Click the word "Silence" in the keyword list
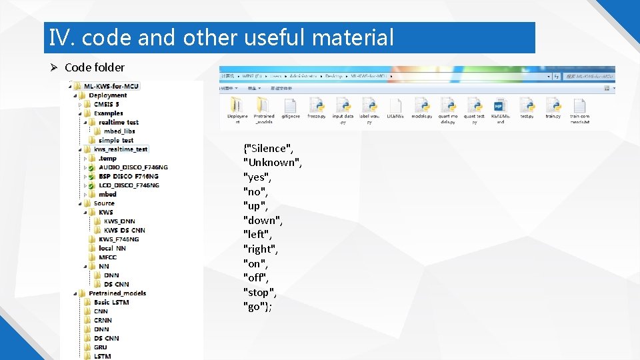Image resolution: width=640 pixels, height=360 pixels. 269,149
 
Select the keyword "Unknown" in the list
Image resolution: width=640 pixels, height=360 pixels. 272,163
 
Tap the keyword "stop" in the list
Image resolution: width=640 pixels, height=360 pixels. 259,293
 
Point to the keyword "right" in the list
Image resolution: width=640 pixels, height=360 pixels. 260,249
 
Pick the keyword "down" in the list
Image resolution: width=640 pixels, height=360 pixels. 262,220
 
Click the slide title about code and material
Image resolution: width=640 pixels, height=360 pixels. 222,38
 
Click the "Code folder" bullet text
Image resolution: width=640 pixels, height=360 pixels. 94,67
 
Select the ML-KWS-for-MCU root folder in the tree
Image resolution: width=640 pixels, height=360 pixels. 111,86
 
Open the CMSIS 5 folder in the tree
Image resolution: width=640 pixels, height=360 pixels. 106,104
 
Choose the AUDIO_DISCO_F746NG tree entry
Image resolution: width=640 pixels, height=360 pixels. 133,167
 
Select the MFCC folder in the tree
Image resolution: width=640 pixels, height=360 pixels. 107,257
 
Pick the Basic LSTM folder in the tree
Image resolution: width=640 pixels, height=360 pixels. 111,303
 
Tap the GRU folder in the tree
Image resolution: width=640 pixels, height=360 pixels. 101,347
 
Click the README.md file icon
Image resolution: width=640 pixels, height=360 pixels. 500,106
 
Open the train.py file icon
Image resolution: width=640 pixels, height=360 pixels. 553,106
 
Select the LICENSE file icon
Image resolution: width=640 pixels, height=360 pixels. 395,106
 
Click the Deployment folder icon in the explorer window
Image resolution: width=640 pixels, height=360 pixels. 237,106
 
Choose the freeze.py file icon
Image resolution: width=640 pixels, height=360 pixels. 316,106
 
